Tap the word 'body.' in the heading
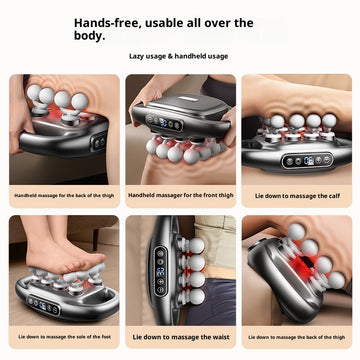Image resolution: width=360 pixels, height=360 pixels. coord(87,36)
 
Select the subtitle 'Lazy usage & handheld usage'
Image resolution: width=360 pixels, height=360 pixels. coord(179,58)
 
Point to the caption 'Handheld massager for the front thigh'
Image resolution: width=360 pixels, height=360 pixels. coord(180,195)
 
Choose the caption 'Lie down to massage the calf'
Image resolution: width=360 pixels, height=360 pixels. coord(298,195)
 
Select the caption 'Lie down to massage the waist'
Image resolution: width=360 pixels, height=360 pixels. coord(180,338)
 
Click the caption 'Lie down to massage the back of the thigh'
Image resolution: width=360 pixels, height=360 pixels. coord(298,338)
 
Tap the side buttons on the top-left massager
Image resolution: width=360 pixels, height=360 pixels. coord(98,143)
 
